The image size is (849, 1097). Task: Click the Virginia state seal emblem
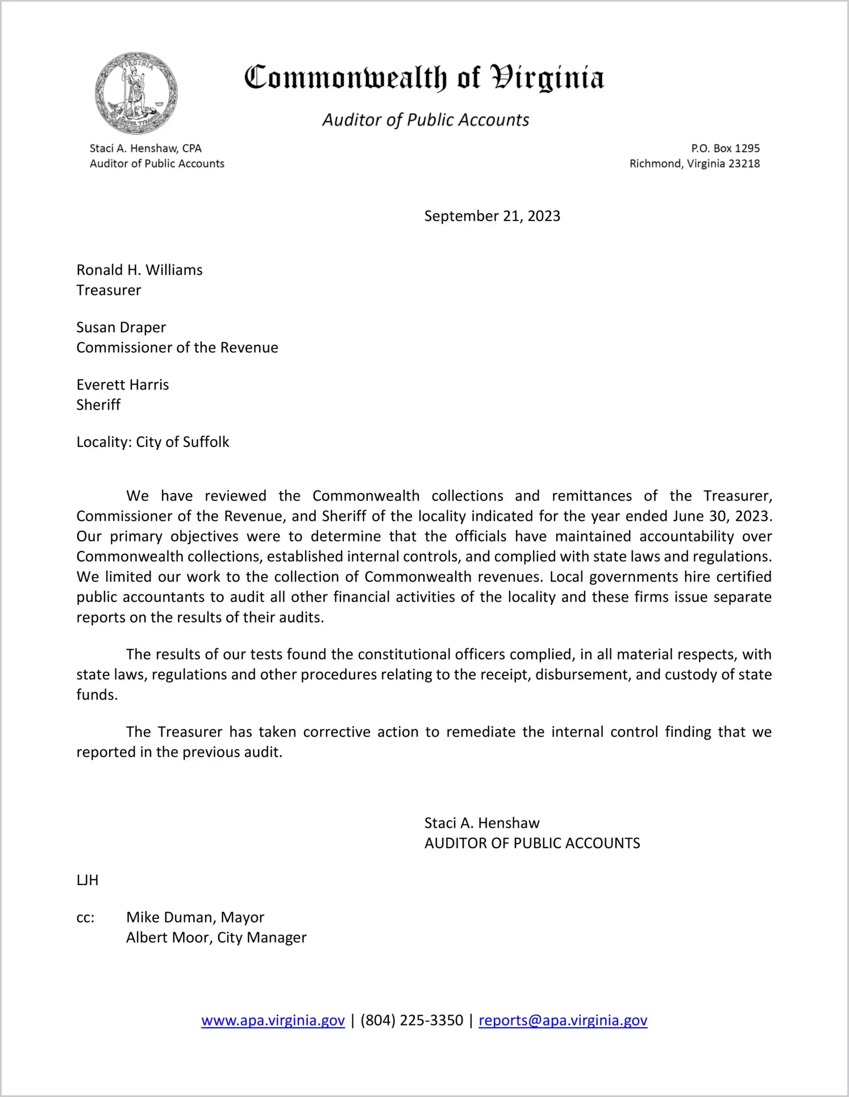[136, 93]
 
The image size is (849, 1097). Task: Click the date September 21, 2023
[492, 216]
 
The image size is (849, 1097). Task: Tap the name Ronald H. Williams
[139, 270]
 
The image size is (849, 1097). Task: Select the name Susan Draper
[121, 327]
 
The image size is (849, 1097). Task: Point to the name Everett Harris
[123, 385]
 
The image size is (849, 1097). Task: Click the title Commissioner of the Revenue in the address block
[177, 348]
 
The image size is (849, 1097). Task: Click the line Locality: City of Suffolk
[153, 442]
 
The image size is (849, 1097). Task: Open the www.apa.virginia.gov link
[273, 1020]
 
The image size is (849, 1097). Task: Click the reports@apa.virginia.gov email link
[563, 1020]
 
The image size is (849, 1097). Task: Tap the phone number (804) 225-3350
[411, 1020]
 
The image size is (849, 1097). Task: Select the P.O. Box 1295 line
[725, 148]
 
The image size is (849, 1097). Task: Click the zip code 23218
[744, 164]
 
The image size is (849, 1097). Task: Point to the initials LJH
[88, 880]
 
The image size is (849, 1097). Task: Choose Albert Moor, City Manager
[216, 937]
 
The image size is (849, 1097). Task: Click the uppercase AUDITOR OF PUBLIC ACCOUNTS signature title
[532, 843]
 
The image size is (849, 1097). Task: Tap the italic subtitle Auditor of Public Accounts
[426, 120]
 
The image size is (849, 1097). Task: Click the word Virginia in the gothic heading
[547, 78]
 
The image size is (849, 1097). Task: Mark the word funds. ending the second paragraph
[97, 695]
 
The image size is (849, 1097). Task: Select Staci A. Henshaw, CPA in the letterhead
[145, 148]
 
